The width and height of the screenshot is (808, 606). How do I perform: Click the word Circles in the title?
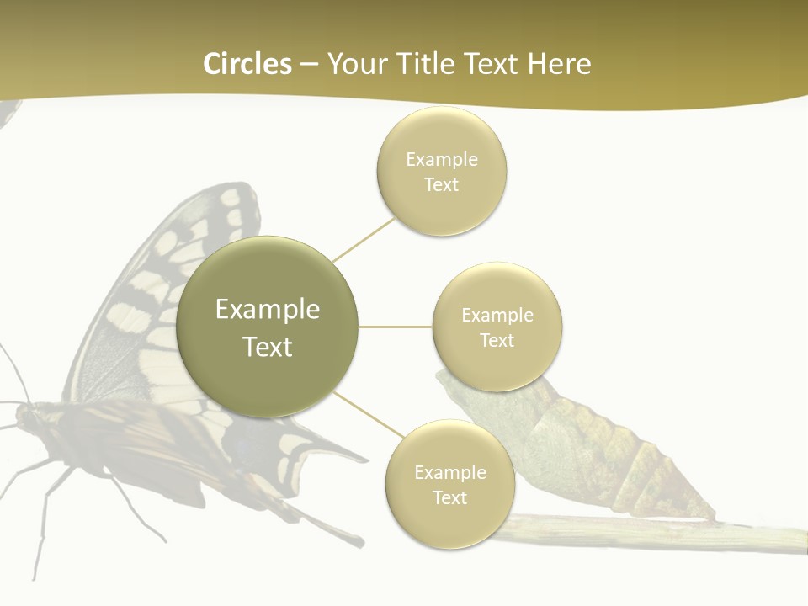[247, 64]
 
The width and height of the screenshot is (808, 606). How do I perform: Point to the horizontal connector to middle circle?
[396, 327]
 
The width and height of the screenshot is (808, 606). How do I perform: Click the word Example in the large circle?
[268, 310]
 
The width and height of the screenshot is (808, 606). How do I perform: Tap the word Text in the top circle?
[441, 185]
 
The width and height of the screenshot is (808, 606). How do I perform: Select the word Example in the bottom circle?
[449, 472]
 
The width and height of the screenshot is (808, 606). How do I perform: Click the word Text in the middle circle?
[497, 341]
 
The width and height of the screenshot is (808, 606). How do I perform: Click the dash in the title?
[309, 65]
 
